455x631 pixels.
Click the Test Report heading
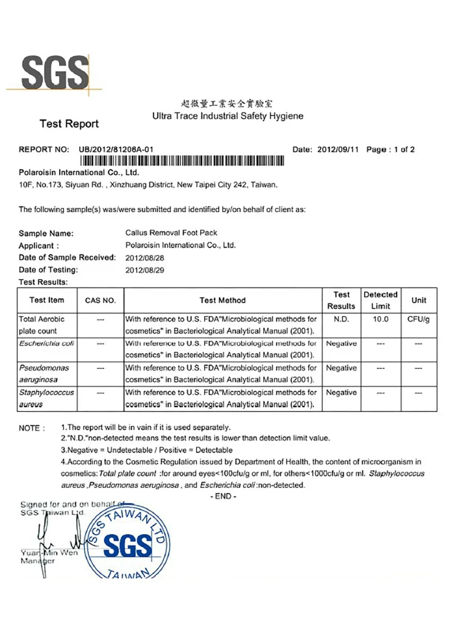click(x=69, y=124)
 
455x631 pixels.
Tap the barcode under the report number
click(x=181, y=161)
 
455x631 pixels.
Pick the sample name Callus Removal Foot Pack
click(x=171, y=233)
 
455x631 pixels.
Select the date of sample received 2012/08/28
click(x=145, y=258)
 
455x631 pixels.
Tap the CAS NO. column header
click(x=100, y=301)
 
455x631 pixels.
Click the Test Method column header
click(x=222, y=301)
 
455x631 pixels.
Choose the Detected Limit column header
click(x=380, y=301)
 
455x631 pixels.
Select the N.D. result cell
click(x=341, y=319)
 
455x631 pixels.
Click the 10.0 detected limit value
click(x=380, y=319)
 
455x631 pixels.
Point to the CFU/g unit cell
click(x=419, y=319)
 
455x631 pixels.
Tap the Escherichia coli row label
click(x=47, y=343)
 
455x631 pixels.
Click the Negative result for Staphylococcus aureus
click(x=341, y=393)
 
